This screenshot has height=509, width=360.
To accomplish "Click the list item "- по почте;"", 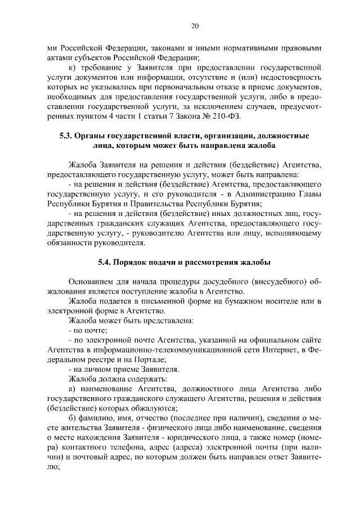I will point(84,331).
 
